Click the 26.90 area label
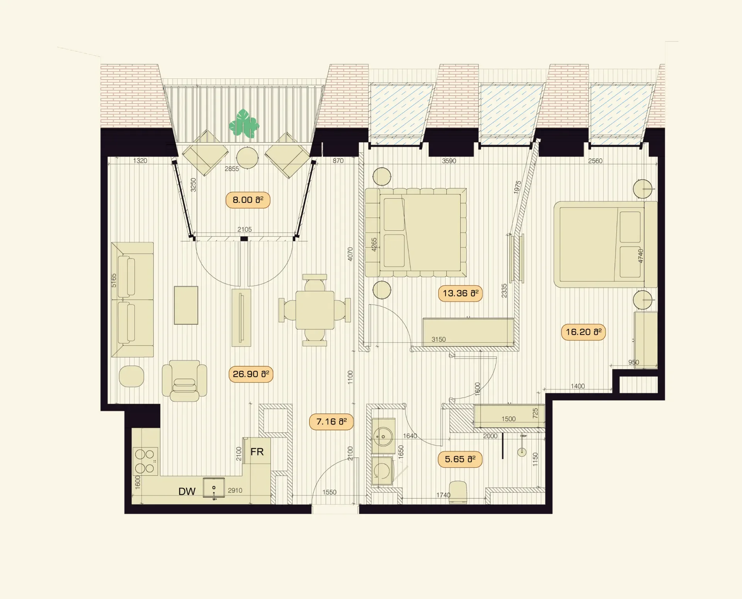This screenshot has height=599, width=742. click(251, 374)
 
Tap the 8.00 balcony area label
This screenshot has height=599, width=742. click(248, 200)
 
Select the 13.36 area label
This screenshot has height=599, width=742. click(460, 293)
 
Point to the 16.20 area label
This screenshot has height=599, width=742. click(583, 332)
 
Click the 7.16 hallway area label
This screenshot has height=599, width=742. click(331, 422)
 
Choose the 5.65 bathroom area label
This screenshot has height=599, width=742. click(460, 459)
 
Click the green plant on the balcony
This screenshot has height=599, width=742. click(244, 124)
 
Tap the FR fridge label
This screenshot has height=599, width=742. click(257, 452)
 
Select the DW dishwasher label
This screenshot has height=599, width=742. click(187, 491)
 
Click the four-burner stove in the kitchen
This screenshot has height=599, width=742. click(145, 461)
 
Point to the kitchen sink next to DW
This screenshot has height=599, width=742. click(214, 488)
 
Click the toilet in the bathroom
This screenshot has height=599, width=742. click(458, 492)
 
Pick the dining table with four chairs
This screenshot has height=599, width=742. click(315, 310)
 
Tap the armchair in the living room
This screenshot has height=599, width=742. click(184, 381)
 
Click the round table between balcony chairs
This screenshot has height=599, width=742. click(247, 157)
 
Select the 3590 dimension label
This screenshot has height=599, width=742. click(449, 161)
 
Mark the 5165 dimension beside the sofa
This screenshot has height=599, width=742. click(114, 280)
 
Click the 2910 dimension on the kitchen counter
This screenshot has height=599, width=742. click(235, 490)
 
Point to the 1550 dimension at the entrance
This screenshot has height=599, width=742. click(329, 492)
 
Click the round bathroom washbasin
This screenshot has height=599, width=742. click(383, 437)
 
